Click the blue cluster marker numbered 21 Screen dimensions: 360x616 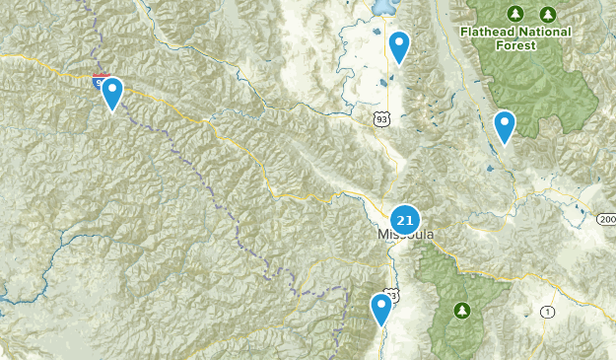pyautogui.click(x=404, y=219)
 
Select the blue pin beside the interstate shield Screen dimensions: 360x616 pyautogui.click(x=113, y=94)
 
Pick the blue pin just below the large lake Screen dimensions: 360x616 pyautogui.click(x=398, y=46)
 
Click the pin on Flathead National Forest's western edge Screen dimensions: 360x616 pyautogui.click(x=504, y=126)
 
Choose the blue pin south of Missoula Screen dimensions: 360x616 pyautogui.click(x=381, y=309)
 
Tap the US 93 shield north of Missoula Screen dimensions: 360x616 pyautogui.click(x=380, y=118)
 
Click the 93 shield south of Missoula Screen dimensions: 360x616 pyautogui.click(x=392, y=295)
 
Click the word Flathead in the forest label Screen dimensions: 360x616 pyautogui.click(x=488, y=31)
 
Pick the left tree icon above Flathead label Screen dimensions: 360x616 pyautogui.click(x=513, y=13)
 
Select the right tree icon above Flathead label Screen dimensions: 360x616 pyautogui.click(x=548, y=13)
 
